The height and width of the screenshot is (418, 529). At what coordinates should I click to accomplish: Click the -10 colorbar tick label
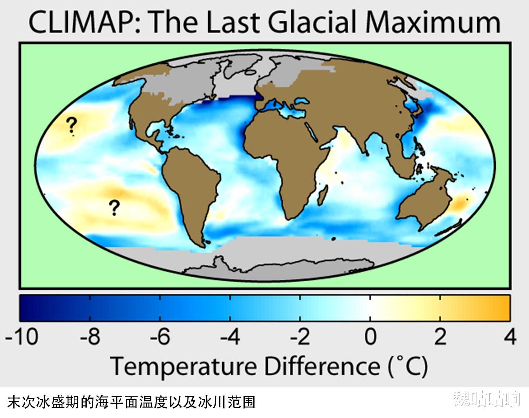coord(22,337)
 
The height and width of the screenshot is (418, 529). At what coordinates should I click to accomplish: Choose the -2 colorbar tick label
coord(300,337)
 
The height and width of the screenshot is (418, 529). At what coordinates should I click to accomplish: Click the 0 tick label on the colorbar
coord(370,337)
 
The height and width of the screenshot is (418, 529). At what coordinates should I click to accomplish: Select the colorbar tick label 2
coord(440,337)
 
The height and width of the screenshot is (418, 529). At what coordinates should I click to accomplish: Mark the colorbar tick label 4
coord(509,337)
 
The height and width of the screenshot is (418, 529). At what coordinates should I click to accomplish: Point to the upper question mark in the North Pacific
coord(71,125)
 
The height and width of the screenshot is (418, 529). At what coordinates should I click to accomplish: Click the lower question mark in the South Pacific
coord(114,208)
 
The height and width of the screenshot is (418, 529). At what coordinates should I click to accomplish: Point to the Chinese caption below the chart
coord(131,402)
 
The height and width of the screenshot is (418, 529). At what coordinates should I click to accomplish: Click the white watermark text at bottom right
coord(486,399)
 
